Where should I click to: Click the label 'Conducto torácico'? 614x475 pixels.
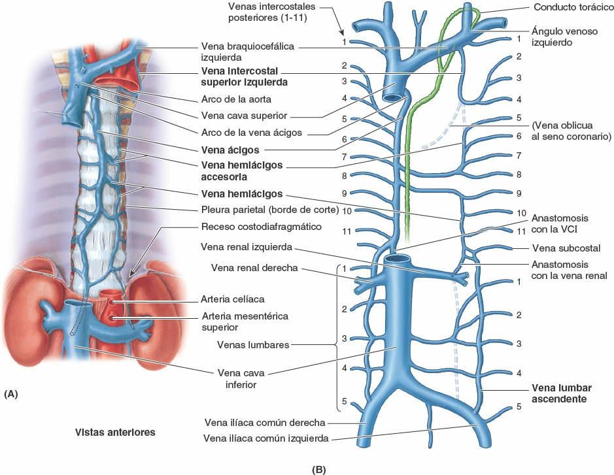[x=568, y=9]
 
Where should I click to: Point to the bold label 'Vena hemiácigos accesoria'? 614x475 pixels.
[x=242, y=171]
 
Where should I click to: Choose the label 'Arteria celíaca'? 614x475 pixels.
[x=233, y=299]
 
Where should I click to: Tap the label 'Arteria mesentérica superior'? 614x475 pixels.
[x=245, y=321]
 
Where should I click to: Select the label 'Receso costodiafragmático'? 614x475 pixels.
[x=256, y=227]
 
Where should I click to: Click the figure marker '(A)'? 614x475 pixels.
[x=11, y=394]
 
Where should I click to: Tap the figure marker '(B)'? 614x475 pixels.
[x=319, y=468]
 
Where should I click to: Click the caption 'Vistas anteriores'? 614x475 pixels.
[x=114, y=432]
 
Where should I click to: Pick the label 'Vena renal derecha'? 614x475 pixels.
[x=254, y=267]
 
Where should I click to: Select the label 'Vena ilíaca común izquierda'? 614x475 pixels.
[x=266, y=438]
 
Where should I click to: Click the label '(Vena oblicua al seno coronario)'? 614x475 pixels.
[x=571, y=130]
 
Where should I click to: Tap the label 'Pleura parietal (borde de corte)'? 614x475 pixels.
[x=269, y=210]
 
